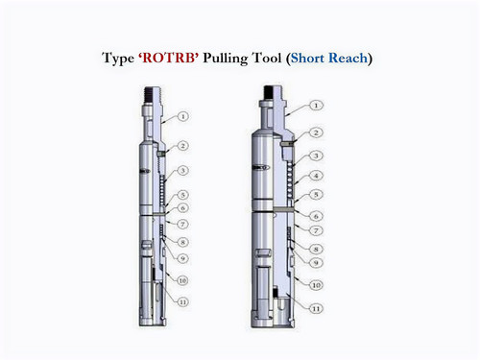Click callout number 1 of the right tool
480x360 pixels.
(317, 104)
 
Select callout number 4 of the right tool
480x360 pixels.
(317, 176)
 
